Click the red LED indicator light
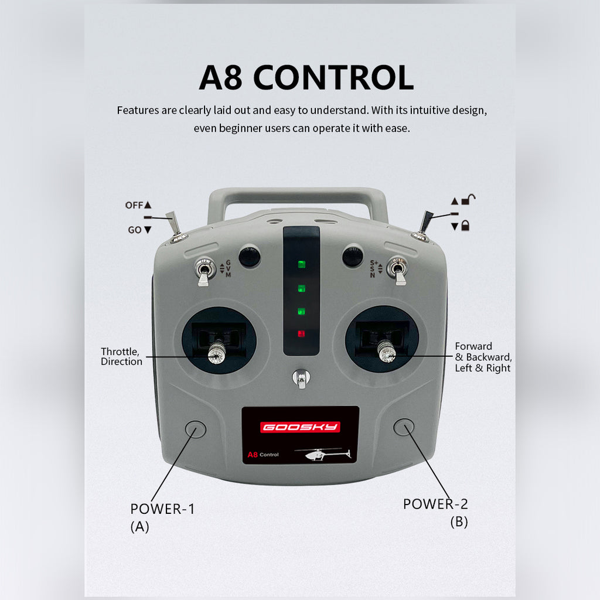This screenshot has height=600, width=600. (x=301, y=333)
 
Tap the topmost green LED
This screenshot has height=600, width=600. (x=302, y=264)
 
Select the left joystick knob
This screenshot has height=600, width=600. (x=216, y=353)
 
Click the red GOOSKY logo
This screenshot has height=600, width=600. (x=300, y=427)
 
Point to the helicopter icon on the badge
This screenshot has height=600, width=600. (x=323, y=454)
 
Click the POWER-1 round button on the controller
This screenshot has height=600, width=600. (x=196, y=429)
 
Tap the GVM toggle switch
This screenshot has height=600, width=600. (x=204, y=271)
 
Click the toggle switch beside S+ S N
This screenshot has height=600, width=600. (x=397, y=270)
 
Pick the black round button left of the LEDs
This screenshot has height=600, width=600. (x=250, y=257)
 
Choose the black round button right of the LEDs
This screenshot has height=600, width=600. (x=352, y=256)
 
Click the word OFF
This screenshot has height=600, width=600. (x=134, y=206)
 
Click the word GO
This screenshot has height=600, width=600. (x=135, y=230)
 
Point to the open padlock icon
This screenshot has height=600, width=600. (x=468, y=199)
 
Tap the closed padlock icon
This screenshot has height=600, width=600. (x=465, y=226)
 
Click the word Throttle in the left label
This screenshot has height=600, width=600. (x=120, y=352)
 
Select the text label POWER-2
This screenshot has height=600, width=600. (x=435, y=504)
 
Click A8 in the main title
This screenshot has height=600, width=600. (x=220, y=77)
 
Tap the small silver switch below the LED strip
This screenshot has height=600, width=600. (x=301, y=379)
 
